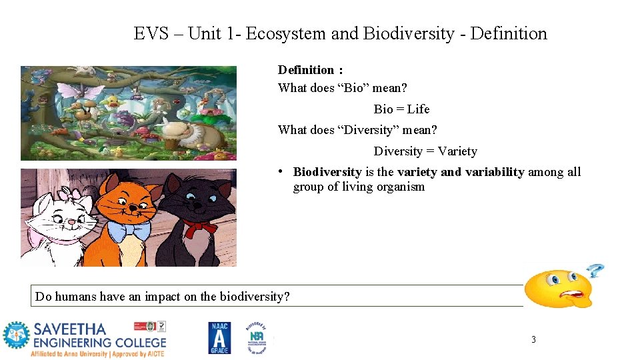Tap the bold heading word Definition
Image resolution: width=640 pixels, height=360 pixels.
[306, 70]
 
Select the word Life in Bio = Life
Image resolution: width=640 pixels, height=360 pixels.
[418, 109]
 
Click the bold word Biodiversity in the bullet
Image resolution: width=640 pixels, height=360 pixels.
[327, 172]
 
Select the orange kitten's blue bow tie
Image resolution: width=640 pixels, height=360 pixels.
[129, 231]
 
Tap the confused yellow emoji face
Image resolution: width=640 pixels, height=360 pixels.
[558, 287]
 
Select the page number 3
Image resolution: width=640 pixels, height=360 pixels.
[533, 339]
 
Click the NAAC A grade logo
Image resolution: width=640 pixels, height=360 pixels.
[219, 338]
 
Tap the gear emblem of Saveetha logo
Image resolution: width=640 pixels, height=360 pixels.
[16, 336]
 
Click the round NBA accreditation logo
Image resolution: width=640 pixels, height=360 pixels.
[257, 337]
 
